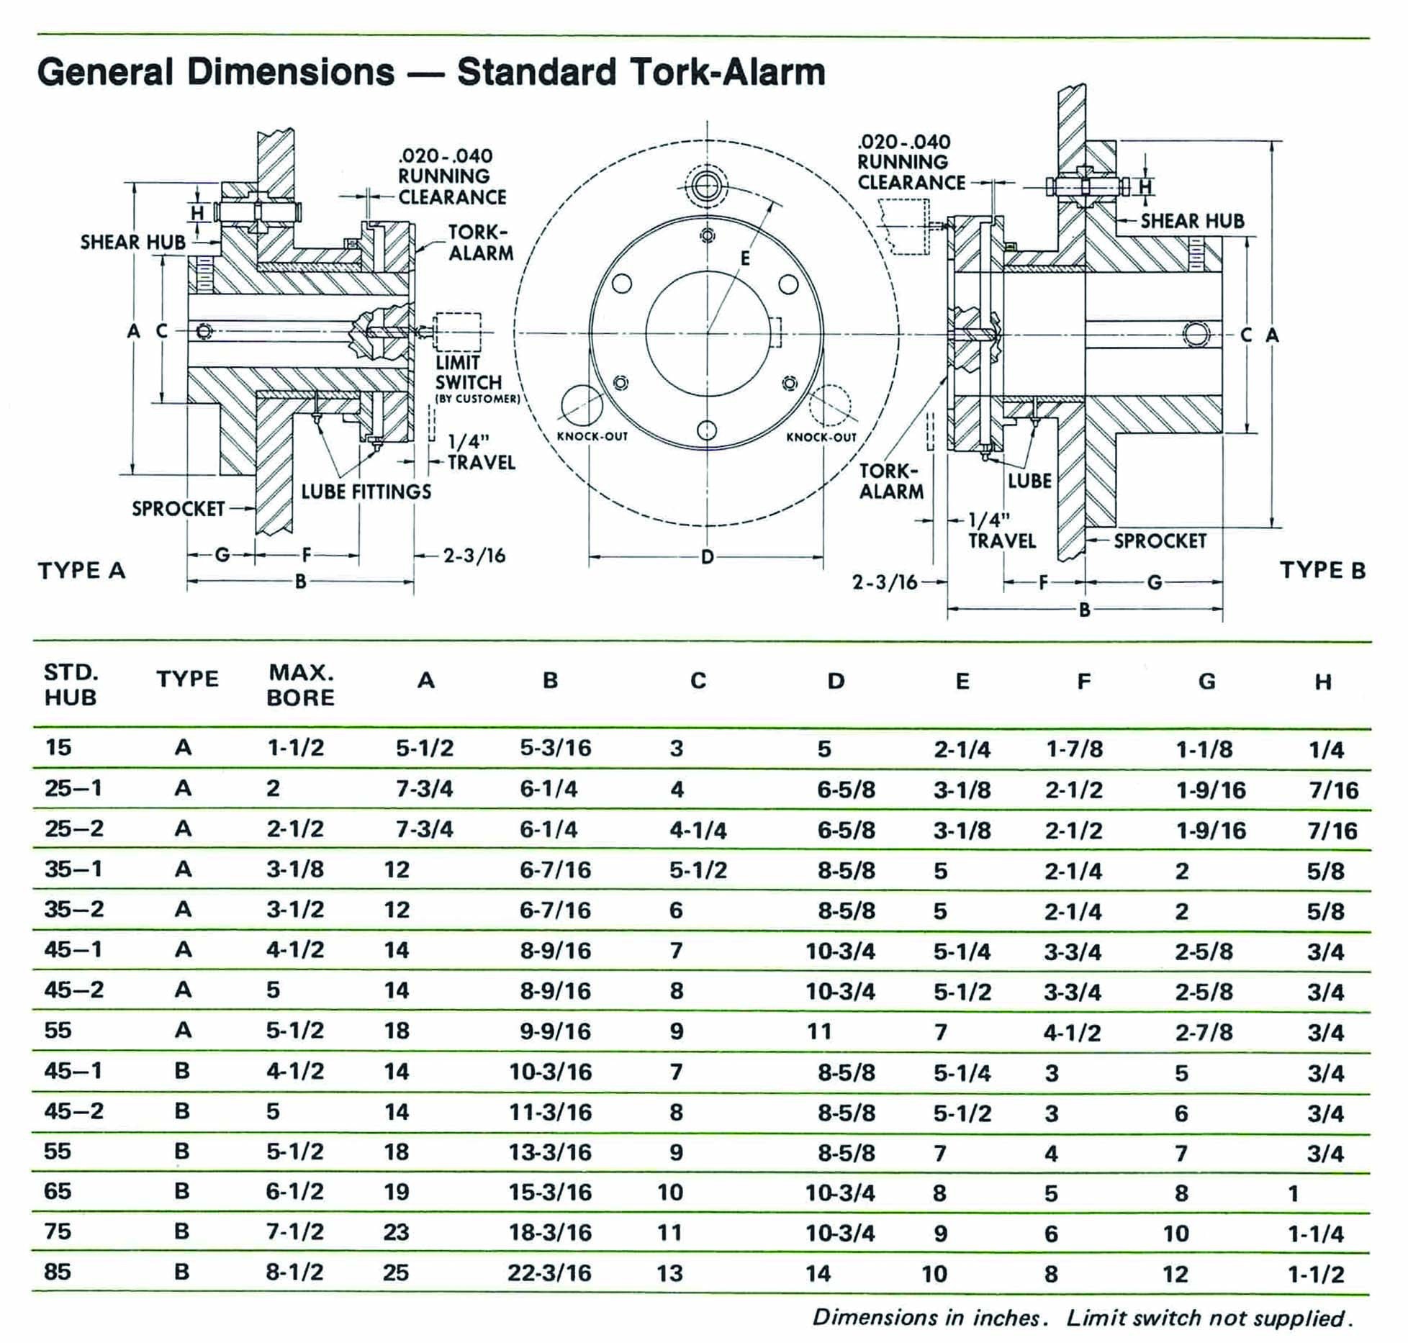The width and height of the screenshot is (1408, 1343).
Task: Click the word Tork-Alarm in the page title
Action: [641, 72]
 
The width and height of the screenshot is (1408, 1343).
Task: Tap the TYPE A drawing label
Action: [82, 571]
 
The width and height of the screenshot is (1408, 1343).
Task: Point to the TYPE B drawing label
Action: [1322, 570]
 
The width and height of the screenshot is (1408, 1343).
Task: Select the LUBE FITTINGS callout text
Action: [366, 492]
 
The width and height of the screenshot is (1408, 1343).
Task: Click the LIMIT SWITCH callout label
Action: [468, 372]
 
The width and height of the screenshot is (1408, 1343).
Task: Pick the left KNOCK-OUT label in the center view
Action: [592, 437]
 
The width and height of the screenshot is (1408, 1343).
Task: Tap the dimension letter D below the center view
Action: [707, 556]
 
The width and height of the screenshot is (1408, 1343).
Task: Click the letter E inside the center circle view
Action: [745, 258]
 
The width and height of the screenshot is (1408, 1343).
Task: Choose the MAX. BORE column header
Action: [301, 685]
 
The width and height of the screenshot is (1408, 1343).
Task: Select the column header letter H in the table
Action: [1323, 682]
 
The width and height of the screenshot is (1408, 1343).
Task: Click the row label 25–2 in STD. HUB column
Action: [74, 828]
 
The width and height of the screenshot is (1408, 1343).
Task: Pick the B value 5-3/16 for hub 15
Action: [556, 748]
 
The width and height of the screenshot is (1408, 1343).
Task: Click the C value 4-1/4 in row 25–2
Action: [698, 831]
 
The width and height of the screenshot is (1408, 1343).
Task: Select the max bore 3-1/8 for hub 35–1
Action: [295, 869]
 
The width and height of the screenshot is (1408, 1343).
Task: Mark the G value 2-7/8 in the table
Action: [1204, 1033]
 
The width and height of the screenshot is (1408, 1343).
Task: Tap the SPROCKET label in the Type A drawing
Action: [179, 509]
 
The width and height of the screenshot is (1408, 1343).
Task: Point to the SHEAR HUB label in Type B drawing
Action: [1193, 221]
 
